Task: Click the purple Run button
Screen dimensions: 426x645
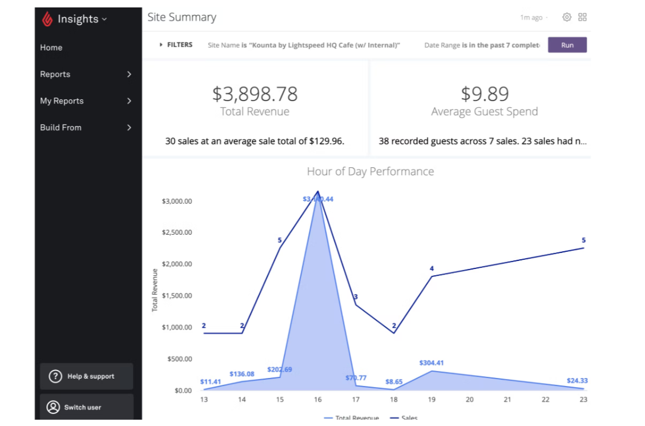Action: tap(567, 45)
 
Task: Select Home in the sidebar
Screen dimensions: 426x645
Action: tap(51, 47)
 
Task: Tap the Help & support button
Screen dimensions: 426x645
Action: tap(86, 376)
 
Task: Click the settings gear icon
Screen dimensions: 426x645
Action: tap(567, 17)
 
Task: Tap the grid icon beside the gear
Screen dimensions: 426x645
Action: tap(582, 17)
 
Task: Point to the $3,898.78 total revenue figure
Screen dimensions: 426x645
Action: tap(255, 94)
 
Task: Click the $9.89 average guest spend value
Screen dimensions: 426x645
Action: tap(485, 94)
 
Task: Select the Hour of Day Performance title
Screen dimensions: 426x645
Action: tap(370, 171)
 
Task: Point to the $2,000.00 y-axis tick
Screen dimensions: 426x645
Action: tap(177, 264)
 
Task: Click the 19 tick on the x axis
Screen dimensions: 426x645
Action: tap(432, 400)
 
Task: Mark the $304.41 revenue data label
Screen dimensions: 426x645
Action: tap(431, 363)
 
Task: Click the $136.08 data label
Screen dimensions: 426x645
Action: tap(241, 374)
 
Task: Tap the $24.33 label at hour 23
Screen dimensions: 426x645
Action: tap(577, 380)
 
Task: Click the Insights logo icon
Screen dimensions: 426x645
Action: tap(47, 19)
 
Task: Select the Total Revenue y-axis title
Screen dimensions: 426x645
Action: tap(155, 290)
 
